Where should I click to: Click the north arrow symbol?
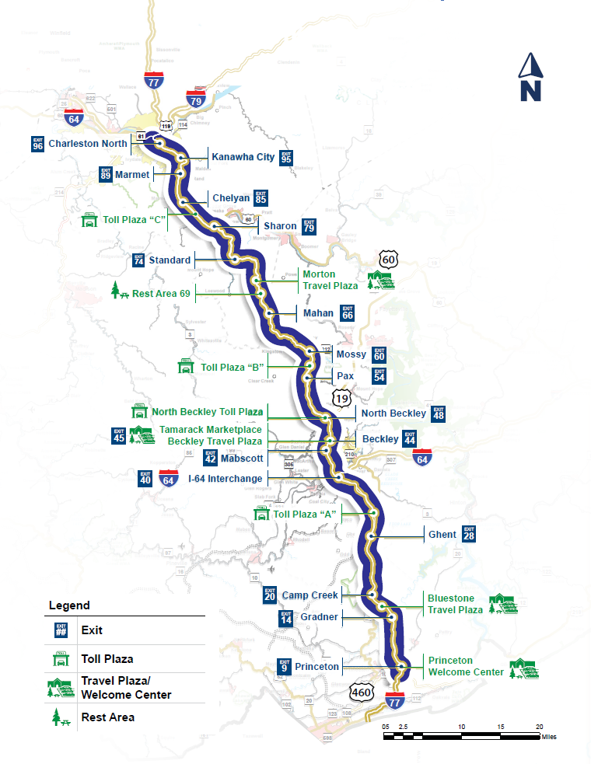coord(531,77)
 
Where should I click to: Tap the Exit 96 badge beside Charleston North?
coord(37,144)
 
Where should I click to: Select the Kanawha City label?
coord(243,157)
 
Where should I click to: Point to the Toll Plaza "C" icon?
coord(89,220)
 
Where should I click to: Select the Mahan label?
coord(318,313)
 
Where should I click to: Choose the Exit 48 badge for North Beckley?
coord(439,413)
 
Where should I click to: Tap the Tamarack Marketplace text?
coord(211,429)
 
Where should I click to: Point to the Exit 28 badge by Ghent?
coord(468,535)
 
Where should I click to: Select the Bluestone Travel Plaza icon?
coord(502,605)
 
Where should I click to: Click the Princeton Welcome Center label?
coord(466,666)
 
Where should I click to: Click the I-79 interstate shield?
coord(195,99)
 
